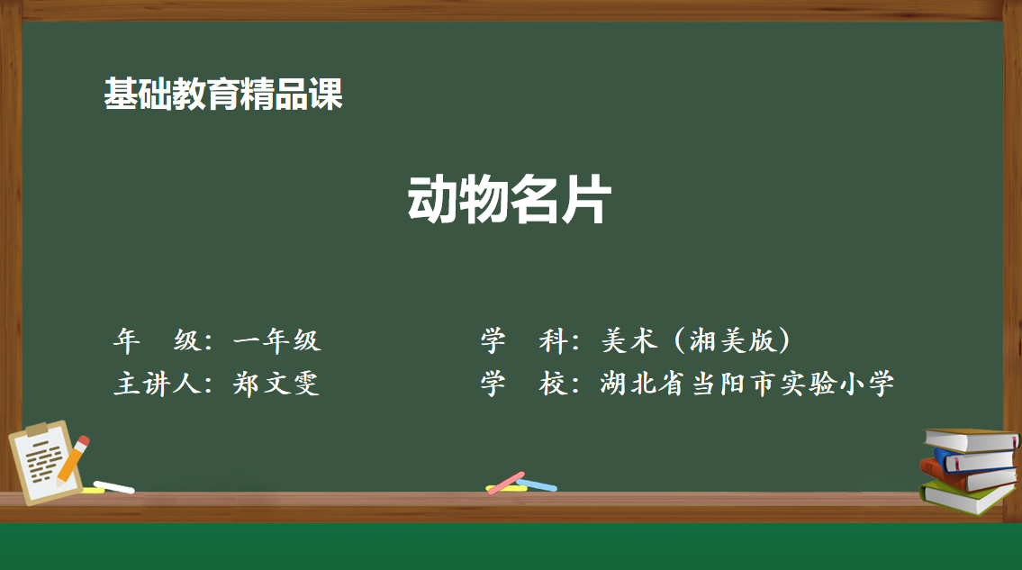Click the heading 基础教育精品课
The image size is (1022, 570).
click(x=223, y=94)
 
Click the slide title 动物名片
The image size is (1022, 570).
click(x=509, y=200)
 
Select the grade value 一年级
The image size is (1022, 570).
click(x=276, y=340)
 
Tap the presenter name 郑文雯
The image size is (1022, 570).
click(x=276, y=384)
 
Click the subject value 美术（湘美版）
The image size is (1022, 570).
click(x=695, y=340)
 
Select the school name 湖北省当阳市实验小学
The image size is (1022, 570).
click(x=747, y=384)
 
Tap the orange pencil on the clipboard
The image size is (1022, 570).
click(x=72, y=461)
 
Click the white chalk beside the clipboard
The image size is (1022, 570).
click(x=114, y=487)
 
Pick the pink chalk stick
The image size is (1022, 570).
click(x=506, y=483)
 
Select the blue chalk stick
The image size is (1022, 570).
click(x=537, y=485)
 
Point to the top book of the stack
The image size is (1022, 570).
click(x=972, y=440)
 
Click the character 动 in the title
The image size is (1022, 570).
click(x=432, y=200)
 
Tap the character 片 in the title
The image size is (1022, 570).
click(x=586, y=200)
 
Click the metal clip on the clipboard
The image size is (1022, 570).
click(x=37, y=430)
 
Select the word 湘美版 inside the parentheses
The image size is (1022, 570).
click(x=733, y=340)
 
